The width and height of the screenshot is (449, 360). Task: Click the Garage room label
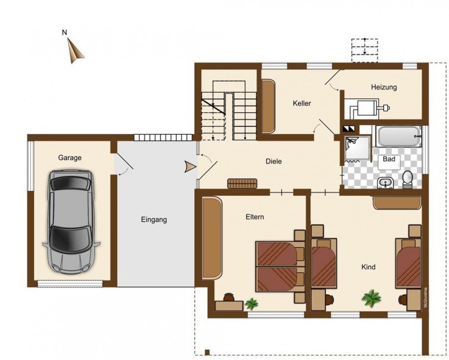click(x=70, y=158)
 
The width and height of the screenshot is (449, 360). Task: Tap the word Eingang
click(x=154, y=220)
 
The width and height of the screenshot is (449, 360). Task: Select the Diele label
click(x=273, y=161)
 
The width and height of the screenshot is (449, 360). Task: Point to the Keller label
click(x=302, y=103)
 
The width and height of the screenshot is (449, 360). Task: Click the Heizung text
click(x=384, y=87)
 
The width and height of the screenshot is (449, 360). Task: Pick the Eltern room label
click(x=255, y=217)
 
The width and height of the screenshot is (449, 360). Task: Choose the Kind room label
click(x=368, y=267)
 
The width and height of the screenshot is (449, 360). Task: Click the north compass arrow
click(x=75, y=50)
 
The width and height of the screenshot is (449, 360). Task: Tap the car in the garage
click(x=71, y=222)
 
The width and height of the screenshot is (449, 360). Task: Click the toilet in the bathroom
click(x=407, y=179)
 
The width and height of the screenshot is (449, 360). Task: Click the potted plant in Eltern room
click(x=251, y=303)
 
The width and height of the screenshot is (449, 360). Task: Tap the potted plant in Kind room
click(x=371, y=298)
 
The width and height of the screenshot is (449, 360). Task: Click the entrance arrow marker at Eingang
click(x=189, y=167)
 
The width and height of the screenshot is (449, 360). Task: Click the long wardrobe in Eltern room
click(x=212, y=237)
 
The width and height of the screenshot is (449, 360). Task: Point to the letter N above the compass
click(x=64, y=32)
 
